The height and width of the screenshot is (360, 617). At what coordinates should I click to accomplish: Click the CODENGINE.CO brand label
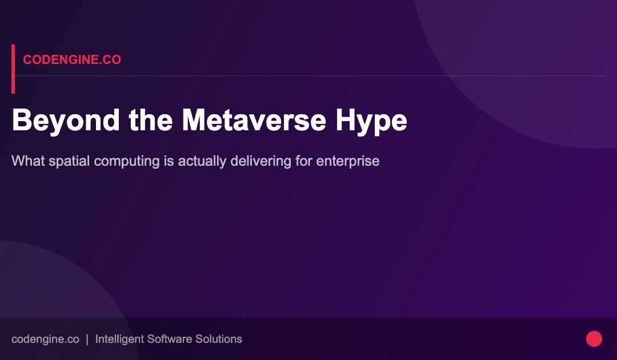pos(72,60)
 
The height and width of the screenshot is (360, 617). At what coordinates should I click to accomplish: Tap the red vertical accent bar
pos(13,69)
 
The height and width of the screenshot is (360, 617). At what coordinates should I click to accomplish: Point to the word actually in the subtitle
pos(202,161)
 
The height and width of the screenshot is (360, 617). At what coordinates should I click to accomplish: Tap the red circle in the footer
pos(594,339)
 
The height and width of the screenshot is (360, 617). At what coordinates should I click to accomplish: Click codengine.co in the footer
pos(45,339)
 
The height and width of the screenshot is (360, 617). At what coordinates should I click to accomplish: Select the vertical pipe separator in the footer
pos(87,339)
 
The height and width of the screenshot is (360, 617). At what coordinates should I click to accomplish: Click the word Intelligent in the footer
pos(120,339)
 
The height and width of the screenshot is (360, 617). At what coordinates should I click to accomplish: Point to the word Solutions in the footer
pos(219,339)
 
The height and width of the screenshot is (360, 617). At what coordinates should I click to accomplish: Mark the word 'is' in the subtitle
pos(169,161)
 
